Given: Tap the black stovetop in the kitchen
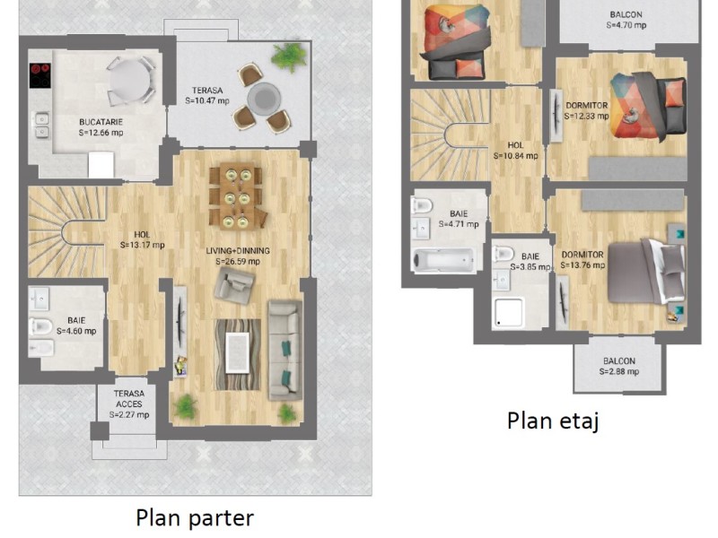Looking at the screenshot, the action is pyautogui.click(x=39, y=75).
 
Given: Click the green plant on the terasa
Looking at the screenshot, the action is pyautogui.click(x=288, y=56).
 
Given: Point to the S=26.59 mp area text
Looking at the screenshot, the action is pyautogui.click(x=238, y=262).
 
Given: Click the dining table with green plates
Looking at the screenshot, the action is pyautogui.click(x=237, y=195).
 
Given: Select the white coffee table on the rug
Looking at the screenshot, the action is pyautogui.click(x=237, y=352).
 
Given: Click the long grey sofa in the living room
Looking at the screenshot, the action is pyautogui.click(x=285, y=350).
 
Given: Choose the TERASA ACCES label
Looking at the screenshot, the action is pyautogui.click(x=129, y=398).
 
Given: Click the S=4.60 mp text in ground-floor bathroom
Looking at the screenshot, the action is pyautogui.click(x=76, y=331).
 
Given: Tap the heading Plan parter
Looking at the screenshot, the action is pyautogui.click(x=195, y=517).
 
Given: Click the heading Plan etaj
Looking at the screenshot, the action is pyautogui.click(x=553, y=421).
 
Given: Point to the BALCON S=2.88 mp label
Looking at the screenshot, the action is pyautogui.click(x=619, y=366).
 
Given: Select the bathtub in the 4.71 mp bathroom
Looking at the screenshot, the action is pyautogui.click(x=443, y=260).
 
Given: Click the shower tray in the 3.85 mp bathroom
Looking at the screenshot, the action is pyautogui.click(x=508, y=313).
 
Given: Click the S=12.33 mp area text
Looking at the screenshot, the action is pyautogui.click(x=587, y=117).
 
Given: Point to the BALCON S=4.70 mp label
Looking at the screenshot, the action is pyautogui.click(x=626, y=20).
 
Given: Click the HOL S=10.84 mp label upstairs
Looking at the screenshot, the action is pyautogui.click(x=515, y=151).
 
